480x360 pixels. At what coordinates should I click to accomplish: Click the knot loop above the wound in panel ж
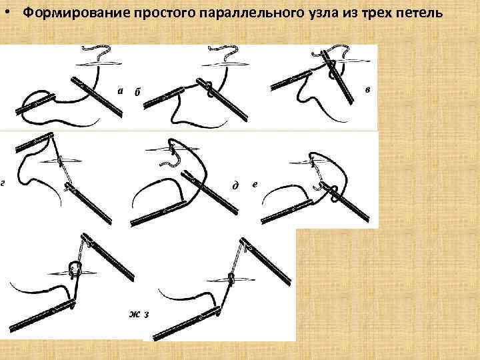pos(75,269)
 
